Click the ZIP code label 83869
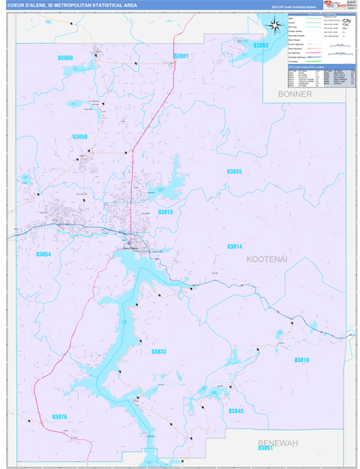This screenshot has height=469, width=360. [x=66, y=59]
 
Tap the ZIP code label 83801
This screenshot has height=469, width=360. [x=180, y=56]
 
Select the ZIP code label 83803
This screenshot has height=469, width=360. [x=261, y=45]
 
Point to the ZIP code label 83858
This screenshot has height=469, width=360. [x=80, y=137]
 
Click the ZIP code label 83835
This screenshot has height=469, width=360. [x=234, y=171]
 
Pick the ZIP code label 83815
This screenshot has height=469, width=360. [x=166, y=212]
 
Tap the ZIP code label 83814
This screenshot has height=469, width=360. [x=234, y=246]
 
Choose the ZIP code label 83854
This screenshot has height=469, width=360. [x=44, y=254]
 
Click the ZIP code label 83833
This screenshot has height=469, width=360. [x=159, y=352]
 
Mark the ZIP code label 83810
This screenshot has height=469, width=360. [x=301, y=360]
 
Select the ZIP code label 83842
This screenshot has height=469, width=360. [x=236, y=410]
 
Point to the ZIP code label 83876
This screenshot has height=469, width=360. [x=59, y=417]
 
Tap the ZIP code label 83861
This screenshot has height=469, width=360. [x=266, y=448]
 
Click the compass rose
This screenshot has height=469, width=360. [x=275, y=25]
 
